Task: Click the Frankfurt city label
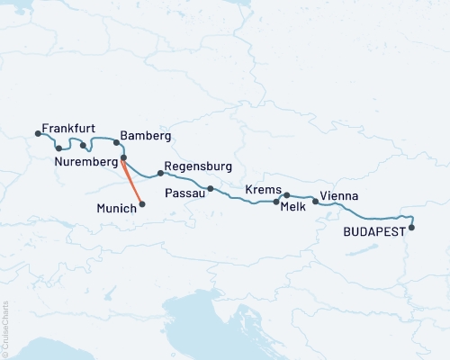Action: coord(68,129)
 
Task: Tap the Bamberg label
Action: coord(145,136)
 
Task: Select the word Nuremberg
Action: coord(87,162)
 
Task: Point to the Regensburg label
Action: coord(199,167)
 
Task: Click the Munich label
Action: coord(115,208)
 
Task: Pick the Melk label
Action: coord(294,206)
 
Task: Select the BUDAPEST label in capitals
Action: coord(374,231)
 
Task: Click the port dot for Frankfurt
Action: coord(38,134)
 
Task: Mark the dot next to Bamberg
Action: coord(116,142)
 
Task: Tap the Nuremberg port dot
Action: coord(123,157)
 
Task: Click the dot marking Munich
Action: coord(142,203)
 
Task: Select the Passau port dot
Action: coord(210,189)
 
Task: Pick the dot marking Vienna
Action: coord(315,202)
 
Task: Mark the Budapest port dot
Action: coord(412,227)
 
